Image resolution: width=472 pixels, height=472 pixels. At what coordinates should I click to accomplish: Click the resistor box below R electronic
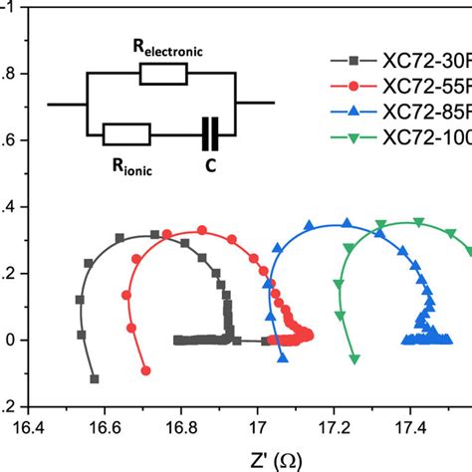click(x=162, y=73)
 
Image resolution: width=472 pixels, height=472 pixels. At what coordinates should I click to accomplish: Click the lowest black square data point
click(x=95, y=378)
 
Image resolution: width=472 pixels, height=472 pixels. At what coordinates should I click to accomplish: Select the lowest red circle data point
click(x=146, y=370)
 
